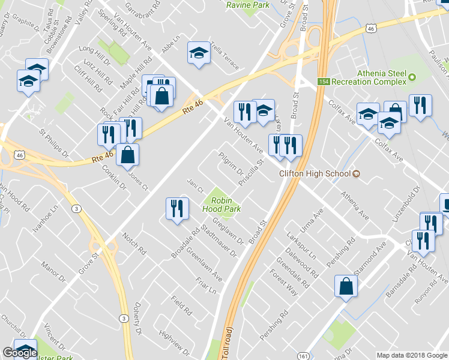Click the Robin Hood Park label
point(226,205)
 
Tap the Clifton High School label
point(315,174)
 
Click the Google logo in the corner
point(19,353)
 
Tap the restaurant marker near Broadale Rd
point(177,209)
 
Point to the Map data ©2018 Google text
point(412,355)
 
